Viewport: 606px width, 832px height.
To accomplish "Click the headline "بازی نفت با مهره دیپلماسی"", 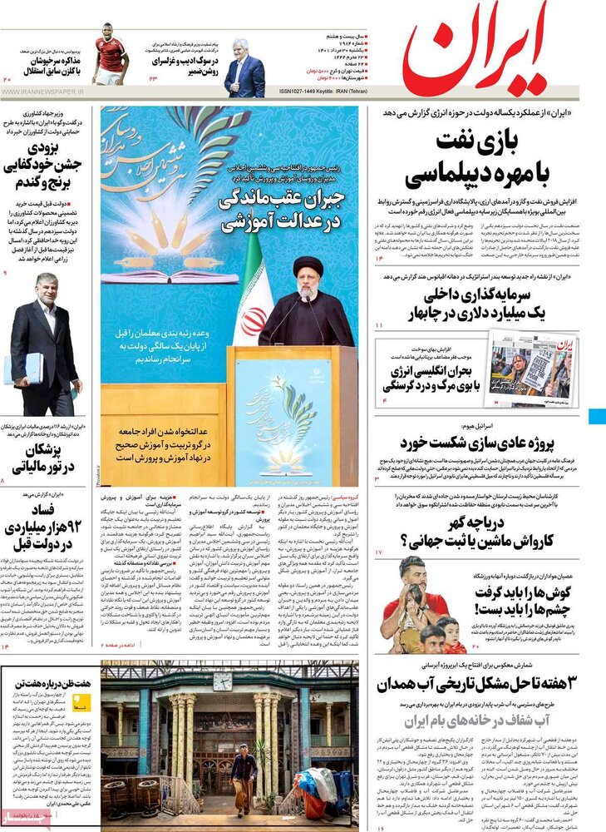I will [x=481, y=158].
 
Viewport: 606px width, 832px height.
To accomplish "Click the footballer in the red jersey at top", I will [x=110, y=54].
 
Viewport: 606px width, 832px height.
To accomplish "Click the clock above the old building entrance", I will [x=222, y=681].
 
